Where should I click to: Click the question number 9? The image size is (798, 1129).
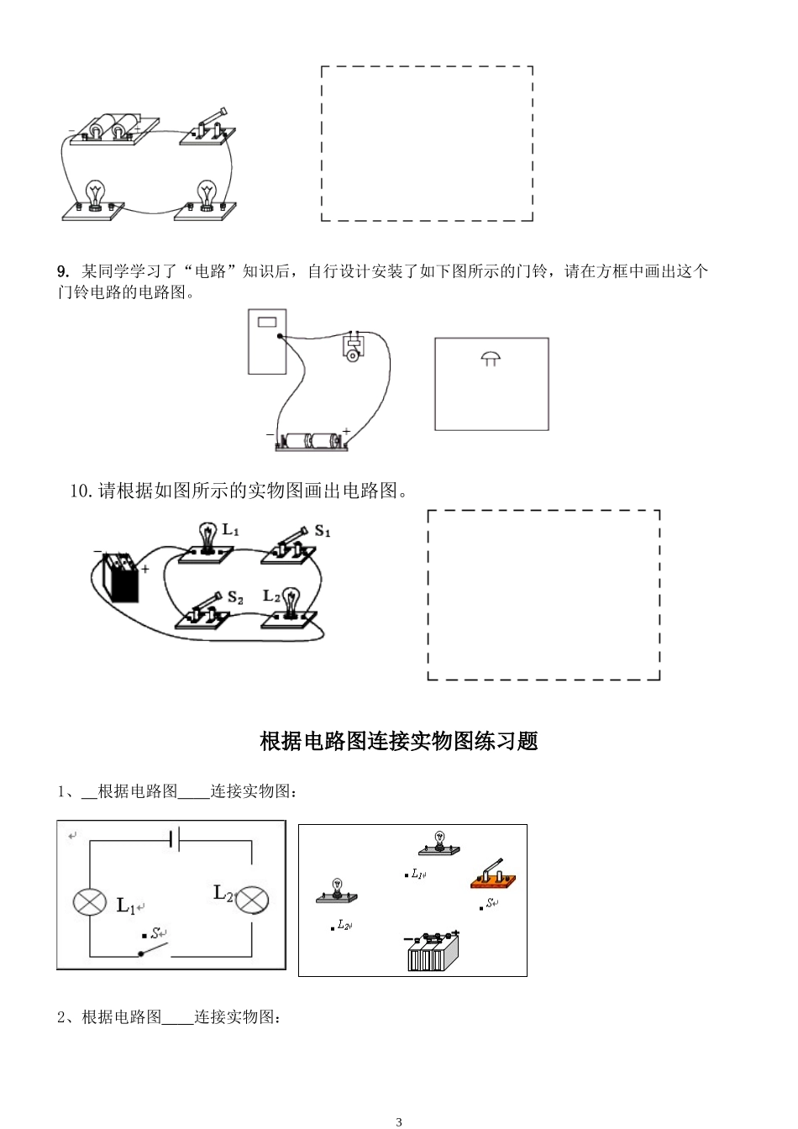click(62, 271)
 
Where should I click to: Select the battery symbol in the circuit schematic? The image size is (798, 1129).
click(174, 838)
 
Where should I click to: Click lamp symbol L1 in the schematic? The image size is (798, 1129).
click(87, 902)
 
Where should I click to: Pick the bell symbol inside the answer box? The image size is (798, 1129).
click(491, 359)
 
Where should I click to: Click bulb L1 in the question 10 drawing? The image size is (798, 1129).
click(206, 542)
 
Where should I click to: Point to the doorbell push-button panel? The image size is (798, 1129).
click(267, 340)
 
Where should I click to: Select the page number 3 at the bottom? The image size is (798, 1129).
click(399, 1121)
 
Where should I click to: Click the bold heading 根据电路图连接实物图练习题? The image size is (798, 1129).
click(399, 741)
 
